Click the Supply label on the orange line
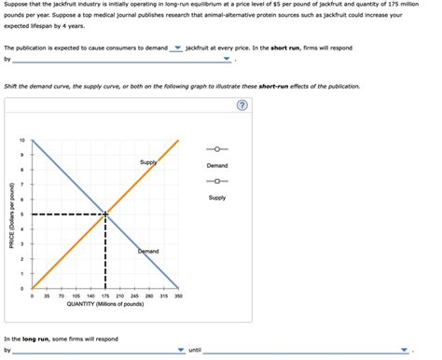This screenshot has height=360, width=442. [148, 162]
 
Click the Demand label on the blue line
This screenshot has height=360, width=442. [148, 252]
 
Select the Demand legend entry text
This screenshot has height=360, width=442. [216, 166]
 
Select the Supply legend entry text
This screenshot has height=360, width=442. [216, 198]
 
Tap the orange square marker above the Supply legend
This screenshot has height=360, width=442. [216, 182]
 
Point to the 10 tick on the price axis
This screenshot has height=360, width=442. [21, 141]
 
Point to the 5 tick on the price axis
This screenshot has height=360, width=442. [23, 215]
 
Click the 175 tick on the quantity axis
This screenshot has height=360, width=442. [104, 296]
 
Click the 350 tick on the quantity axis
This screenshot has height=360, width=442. [178, 296]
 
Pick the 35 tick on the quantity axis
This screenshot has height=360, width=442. [47, 296]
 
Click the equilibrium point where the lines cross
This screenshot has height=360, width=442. [105, 215]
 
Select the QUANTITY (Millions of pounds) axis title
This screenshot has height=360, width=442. [104, 304]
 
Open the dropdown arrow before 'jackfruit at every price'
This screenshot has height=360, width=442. [177, 48]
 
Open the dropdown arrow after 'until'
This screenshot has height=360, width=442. [405, 351]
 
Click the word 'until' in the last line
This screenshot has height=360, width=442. [195, 351]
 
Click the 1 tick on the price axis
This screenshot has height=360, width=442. [23, 273]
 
